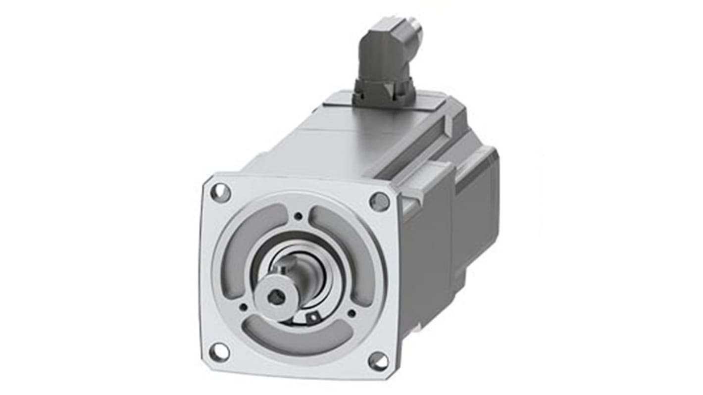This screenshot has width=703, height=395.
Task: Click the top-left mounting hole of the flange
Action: pos(220,192)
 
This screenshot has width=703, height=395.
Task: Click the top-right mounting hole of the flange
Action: pos(379,201)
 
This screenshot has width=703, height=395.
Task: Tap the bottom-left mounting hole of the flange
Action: pos(219,352)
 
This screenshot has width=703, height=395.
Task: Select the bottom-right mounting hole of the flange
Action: pos(379,361)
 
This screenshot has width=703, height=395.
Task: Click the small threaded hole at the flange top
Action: pos(298,216)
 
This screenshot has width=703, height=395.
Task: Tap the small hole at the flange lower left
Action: pos(243,307)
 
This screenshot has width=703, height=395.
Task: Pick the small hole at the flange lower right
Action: pos(351,313)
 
